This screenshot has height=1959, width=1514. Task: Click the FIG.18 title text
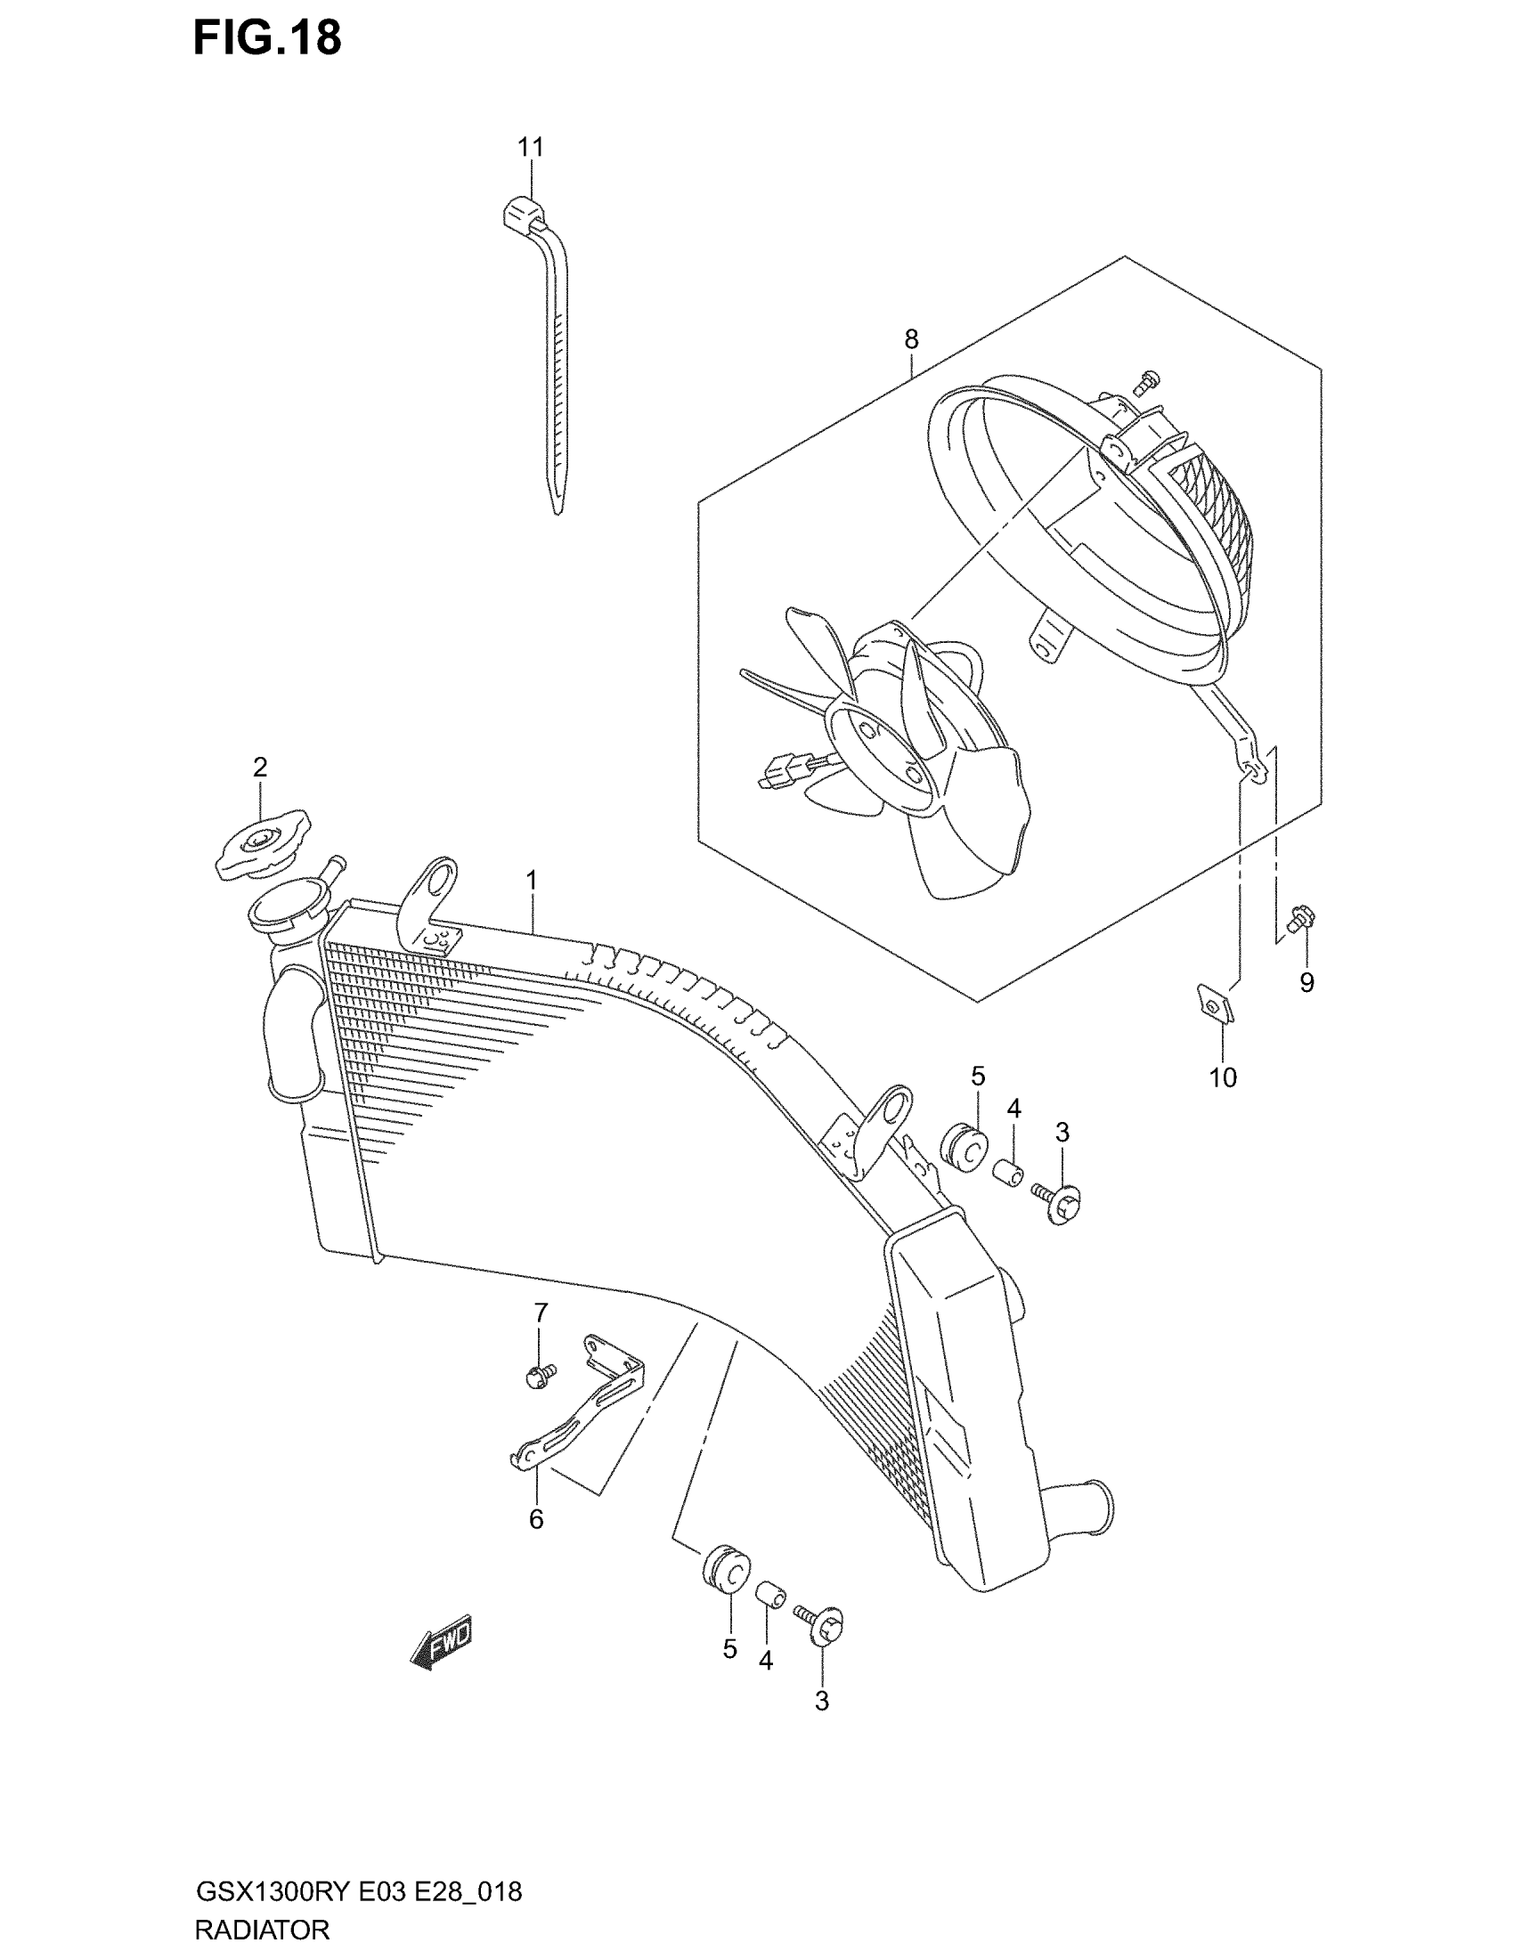(267, 37)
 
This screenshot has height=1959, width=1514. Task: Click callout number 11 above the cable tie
(530, 146)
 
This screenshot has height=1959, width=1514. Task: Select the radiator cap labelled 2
(262, 845)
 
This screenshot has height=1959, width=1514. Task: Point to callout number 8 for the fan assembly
(911, 339)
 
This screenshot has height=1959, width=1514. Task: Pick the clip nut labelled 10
(1213, 1004)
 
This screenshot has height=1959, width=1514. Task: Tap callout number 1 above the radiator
(532, 880)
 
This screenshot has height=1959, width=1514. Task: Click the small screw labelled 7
(540, 1399)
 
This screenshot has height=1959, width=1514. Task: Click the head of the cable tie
(522, 215)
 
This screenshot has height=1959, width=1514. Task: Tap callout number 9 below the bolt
(1306, 983)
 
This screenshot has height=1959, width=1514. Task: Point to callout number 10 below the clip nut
(1223, 1077)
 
